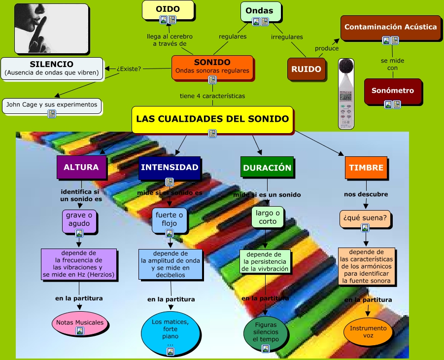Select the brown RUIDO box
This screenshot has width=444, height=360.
(306, 69)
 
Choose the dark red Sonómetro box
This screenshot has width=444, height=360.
(393, 91)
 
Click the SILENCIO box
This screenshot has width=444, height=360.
(52, 68)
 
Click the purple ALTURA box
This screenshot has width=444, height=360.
(81, 167)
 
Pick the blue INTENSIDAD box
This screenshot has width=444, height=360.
(170, 167)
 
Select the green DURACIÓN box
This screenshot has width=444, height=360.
(267, 168)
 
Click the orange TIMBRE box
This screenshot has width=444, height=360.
(366, 168)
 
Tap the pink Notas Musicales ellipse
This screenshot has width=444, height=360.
(80, 323)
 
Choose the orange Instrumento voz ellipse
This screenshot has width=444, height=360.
(368, 331)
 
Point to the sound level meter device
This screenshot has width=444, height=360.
(346, 94)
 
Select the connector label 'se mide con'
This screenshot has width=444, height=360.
(392, 64)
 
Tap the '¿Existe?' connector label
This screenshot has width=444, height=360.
(129, 69)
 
